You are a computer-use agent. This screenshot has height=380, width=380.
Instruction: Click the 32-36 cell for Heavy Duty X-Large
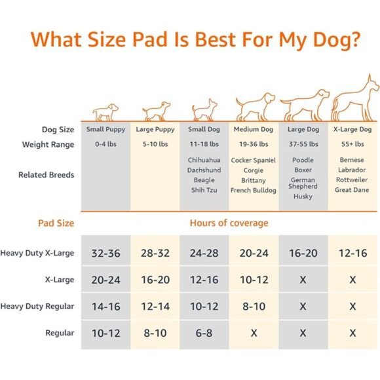click(105, 253)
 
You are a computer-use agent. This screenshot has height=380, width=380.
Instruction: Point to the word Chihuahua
click(204, 160)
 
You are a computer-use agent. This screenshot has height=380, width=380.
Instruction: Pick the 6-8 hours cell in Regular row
click(204, 333)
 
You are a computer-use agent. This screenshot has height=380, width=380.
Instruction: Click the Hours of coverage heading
click(229, 223)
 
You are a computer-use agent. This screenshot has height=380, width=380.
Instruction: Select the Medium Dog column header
click(253, 130)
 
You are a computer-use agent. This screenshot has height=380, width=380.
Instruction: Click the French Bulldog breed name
click(253, 191)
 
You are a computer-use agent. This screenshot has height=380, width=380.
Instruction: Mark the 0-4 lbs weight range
click(105, 144)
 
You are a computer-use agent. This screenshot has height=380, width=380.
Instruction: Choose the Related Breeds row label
click(46, 175)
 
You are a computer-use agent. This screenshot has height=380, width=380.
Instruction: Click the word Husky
click(303, 197)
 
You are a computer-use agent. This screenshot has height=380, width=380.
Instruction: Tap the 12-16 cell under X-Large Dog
click(352, 253)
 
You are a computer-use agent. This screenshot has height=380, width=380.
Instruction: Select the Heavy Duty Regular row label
click(37, 306)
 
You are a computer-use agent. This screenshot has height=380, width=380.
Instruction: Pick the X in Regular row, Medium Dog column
click(253, 333)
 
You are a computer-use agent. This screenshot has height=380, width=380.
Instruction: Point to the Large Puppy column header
click(155, 130)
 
